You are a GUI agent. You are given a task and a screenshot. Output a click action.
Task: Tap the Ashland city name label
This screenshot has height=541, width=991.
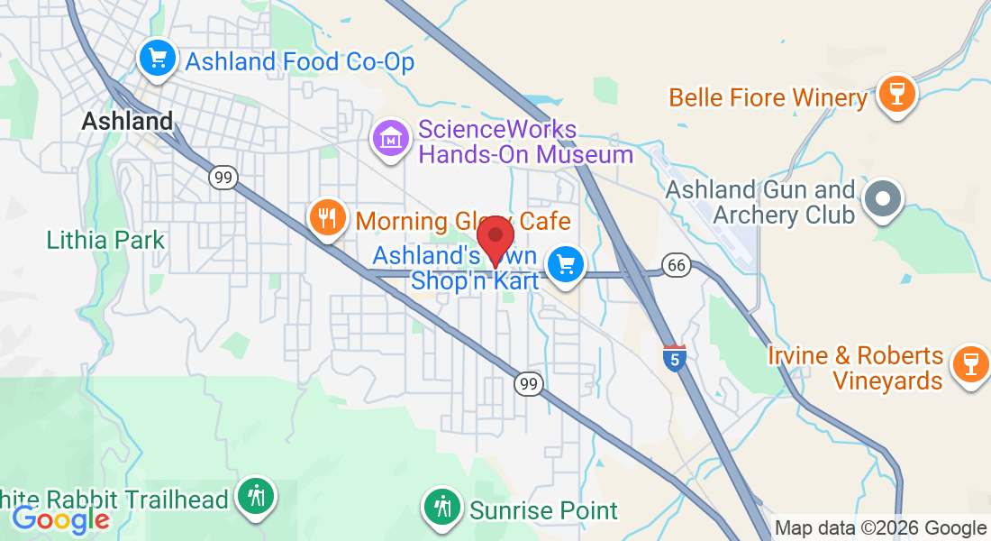click(127, 121)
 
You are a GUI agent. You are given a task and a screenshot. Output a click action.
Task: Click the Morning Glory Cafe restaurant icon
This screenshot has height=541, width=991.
click(327, 217)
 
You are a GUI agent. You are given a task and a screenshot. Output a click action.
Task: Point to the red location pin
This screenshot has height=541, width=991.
click(495, 239)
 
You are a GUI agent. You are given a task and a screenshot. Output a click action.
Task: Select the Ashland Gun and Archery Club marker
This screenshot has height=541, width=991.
click(883, 198)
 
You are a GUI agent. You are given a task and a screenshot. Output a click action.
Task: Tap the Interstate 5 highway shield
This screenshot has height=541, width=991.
click(672, 354)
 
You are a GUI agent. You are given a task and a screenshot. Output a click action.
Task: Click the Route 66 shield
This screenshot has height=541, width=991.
click(676, 264)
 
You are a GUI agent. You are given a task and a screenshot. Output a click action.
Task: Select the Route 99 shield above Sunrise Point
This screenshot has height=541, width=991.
click(529, 384)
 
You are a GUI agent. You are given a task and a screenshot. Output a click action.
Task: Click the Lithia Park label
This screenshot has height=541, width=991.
click(106, 240)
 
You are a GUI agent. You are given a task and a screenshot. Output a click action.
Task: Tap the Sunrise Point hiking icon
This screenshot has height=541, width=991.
click(441, 507)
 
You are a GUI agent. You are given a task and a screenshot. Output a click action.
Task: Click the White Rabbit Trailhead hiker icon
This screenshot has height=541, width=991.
click(257, 496)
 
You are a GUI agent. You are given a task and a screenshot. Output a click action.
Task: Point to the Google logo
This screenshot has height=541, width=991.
click(61, 520)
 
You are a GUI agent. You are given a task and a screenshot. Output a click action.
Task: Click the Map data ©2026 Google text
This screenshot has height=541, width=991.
click(880, 528)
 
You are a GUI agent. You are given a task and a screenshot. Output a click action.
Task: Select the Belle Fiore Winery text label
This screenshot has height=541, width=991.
click(768, 97)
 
